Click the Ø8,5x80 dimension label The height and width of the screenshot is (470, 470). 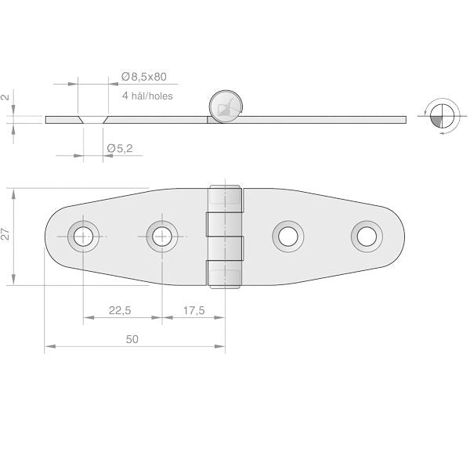point(144,77)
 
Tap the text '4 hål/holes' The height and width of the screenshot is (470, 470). point(147,96)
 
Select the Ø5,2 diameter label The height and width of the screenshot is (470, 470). point(120,148)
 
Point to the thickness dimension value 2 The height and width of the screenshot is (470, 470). point(6,97)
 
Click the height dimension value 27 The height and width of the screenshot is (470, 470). point(5,234)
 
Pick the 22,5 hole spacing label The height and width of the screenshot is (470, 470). point(120,310)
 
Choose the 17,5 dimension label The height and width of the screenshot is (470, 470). point(194,310)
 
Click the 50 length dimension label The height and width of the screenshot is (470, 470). point(132,339)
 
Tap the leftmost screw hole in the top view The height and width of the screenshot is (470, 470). point(83,237)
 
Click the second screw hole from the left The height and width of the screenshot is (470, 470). point(162,237)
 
